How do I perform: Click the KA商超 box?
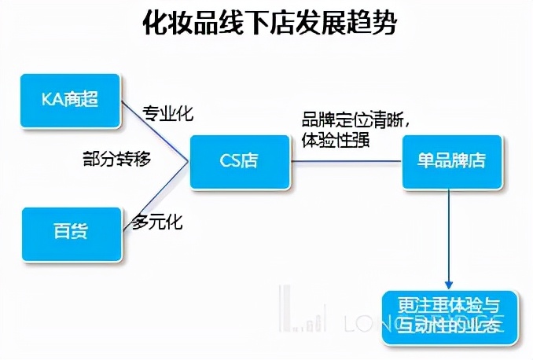click(x=71, y=101)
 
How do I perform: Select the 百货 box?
click(x=72, y=233)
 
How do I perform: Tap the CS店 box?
click(x=239, y=162)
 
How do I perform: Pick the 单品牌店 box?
click(x=450, y=161)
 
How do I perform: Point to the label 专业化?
click(x=167, y=113)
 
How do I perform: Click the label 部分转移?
click(x=116, y=157)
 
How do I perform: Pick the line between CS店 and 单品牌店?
click(x=346, y=162)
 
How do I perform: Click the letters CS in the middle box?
click(x=229, y=162)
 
